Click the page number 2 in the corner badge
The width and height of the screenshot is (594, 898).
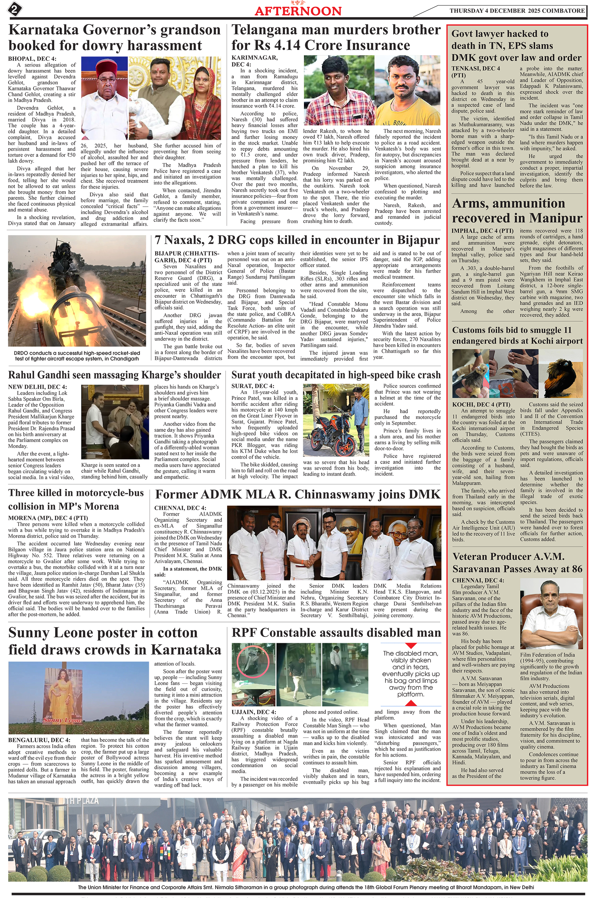tap(14, 10)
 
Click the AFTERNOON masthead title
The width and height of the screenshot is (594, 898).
tap(298, 11)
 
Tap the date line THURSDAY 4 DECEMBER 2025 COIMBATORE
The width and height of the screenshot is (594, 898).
tap(517, 11)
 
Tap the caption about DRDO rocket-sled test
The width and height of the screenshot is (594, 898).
tap(77, 356)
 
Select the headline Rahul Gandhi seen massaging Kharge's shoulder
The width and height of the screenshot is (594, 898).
tap(115, 375)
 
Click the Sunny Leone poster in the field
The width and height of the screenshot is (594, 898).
tap(62, 698)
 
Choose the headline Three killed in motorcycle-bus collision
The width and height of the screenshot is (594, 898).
tap(76, 500)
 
